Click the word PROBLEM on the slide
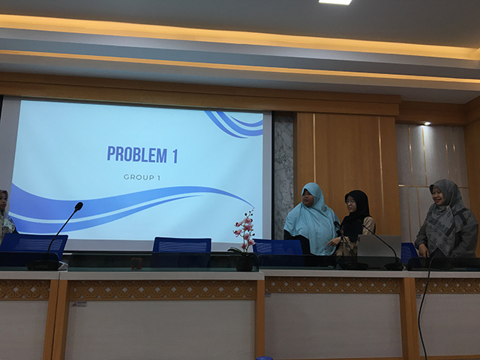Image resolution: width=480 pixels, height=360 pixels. (x=136, y=154)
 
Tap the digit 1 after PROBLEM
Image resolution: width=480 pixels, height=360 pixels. (x=175, y=155)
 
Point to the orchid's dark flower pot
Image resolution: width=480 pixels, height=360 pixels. (x=244, y=262)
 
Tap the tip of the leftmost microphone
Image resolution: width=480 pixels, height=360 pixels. (x=79, y=206)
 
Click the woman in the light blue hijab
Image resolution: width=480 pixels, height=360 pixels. (x=310, y=220)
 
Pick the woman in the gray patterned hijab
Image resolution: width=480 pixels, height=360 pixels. (x=445, y=219)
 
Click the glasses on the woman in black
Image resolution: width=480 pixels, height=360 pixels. (x=350, y=202)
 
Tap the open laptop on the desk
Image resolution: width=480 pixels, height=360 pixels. (x=379, y=246)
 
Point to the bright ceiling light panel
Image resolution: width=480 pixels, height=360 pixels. (x=335, y=1)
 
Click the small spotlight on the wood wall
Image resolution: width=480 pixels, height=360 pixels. (x=427, y=123)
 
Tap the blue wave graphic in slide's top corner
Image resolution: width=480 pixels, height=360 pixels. (x=235, y=124)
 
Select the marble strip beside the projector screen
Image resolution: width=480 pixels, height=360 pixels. (x=283, y=175)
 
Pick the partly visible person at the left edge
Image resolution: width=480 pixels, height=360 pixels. (x=6, y=215)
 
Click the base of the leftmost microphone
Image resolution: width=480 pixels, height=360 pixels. (x=45, y=265)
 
